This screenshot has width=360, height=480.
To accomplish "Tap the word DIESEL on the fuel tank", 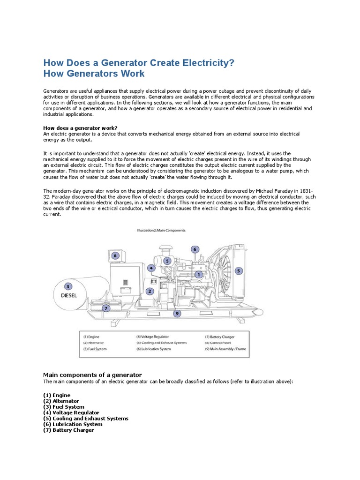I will click(x=68, y=296).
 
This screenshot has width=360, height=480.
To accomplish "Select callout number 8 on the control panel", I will click(x=116, y=255).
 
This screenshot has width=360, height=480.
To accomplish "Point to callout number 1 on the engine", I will click(x=198, y=275).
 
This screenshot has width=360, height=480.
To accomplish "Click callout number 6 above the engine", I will click(x=195, y=249).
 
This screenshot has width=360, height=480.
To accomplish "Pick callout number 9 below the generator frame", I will click(x=177, y=314).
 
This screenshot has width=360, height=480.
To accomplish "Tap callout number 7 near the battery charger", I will click(x=106, y=308).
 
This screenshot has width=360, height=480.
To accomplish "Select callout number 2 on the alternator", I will click(x=150, y=291).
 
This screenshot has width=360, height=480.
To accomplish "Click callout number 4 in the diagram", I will click(x=151, y=268).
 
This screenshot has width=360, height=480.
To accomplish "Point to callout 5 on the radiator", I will click(x=239, y=270).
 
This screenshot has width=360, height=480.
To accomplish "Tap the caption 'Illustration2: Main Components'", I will click(x=161, y=231).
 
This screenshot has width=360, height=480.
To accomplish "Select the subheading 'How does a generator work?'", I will click(x=80, y=128).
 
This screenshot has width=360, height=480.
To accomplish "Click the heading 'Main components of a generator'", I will click(x=92, y=375).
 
